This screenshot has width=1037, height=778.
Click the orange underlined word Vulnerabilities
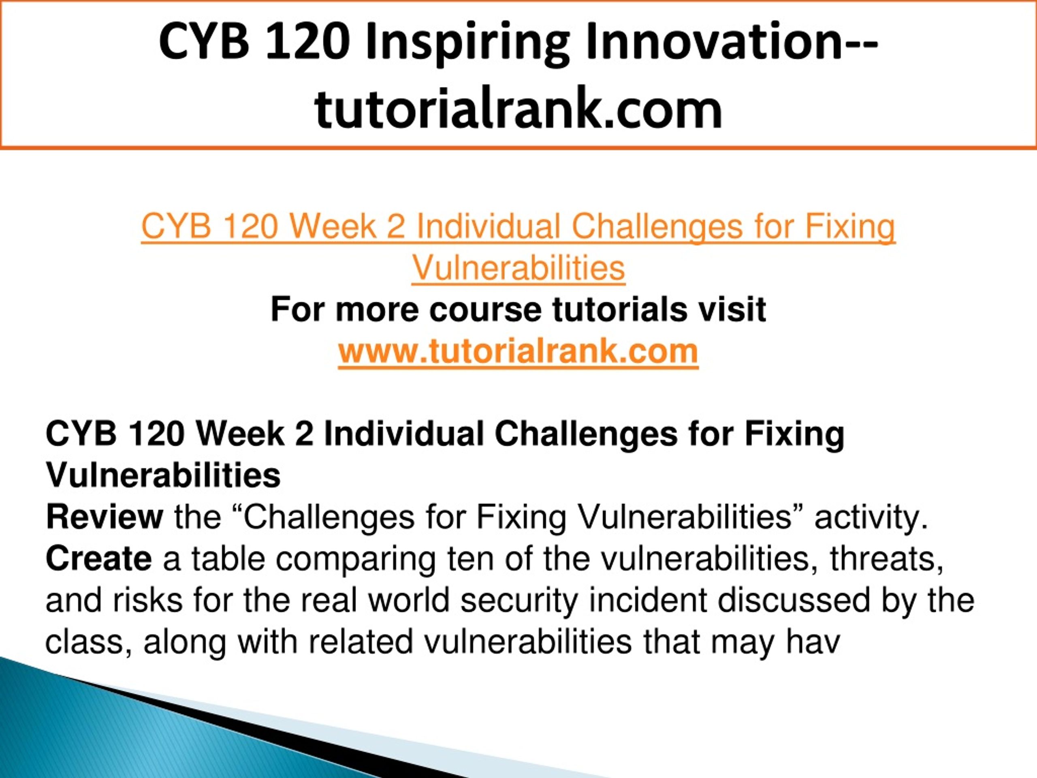tap(518, 268)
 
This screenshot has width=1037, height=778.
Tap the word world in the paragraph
tap(409, 600)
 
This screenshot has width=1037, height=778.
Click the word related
tap(361, 641)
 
